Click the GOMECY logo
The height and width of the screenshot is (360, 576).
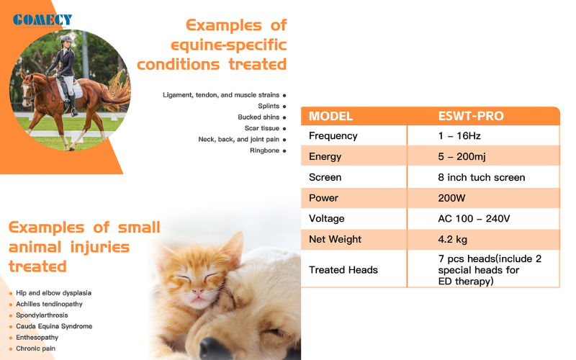[42, 20]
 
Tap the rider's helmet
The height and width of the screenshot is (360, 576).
[66, 39]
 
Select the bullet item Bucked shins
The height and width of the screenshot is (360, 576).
[258, 117]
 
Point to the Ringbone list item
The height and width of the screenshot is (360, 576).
[264, 150]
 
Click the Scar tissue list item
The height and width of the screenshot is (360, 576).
[262, 128]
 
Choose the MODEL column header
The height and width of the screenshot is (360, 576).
[330, 116]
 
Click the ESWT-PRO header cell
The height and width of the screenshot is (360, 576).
[471, 116]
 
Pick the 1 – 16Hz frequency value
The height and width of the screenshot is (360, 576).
[459, 136]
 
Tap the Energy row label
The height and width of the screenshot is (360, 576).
[325, 157]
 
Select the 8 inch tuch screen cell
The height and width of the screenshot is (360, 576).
[481, 177]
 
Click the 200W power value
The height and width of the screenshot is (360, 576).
[451, 198]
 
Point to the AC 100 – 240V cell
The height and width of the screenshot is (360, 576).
[474, 219]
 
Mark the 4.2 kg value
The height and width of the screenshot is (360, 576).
[453, 240]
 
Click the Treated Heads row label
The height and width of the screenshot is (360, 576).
[343, 270]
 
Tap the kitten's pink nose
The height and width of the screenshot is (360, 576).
[197, 292]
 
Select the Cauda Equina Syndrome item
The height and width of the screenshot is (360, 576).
[54, 326]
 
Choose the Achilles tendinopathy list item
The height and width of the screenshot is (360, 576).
[49, 304]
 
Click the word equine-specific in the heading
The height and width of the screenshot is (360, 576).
[228, 45]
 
